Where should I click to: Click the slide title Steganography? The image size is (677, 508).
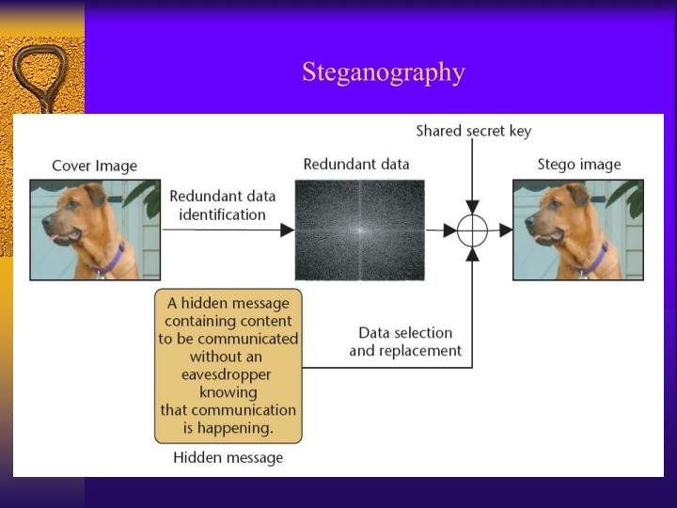384,72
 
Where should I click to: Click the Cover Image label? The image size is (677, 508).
94,166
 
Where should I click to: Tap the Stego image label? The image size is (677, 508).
578,165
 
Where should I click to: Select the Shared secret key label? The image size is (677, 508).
473,131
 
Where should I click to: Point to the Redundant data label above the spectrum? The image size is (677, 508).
356,164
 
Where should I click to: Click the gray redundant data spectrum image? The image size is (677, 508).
359,230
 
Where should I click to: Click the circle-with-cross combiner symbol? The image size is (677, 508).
473,230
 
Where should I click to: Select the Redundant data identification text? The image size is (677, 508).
223,205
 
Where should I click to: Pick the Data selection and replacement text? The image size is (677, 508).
405,341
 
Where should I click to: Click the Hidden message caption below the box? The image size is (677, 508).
228,458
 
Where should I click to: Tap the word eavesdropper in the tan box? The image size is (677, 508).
228,374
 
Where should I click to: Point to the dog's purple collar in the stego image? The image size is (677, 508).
596,257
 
